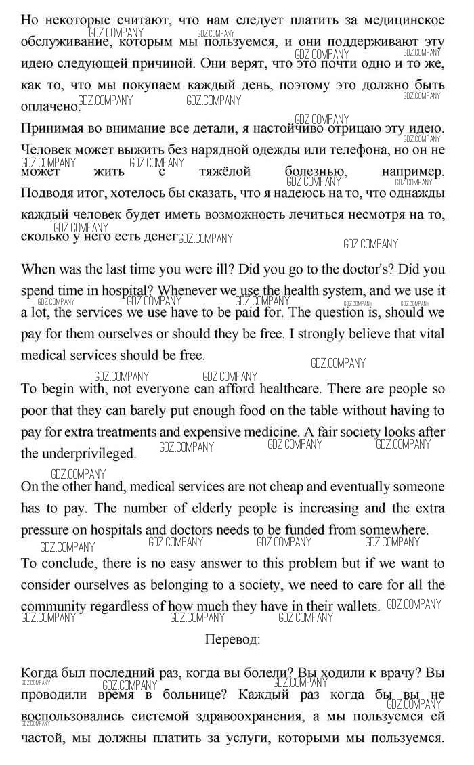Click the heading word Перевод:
(x=232, y=638)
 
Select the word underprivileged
(x=87, y=453)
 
